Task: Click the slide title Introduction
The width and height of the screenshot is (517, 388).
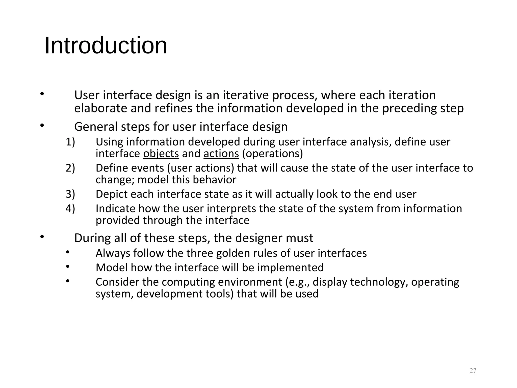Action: pyautogui.click(x=106, y=46)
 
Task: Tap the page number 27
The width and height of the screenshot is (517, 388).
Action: pyautogui.click(x=473, y=371)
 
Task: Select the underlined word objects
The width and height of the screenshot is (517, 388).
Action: pyautogui.click(x=161, y=154)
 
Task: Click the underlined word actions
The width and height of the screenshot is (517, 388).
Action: pyautogui.click(x=221, y=154)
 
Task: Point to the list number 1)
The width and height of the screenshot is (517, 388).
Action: pyautogui.click(x=70, y=142)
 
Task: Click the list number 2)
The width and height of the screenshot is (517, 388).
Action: pyautogui.click(x=70, y=168)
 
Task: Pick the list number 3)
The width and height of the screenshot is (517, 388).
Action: pyautogui.click(x=70, y=194)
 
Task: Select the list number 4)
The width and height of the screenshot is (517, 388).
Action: pyautogui.click(x=70, y=209)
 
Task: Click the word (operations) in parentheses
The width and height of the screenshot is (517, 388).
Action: pyautogui.click(x=272, y=154)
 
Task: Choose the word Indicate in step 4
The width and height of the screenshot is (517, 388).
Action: pyautogui.click(x=116, y=209)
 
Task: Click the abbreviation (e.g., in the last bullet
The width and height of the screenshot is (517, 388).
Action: pyautogui.click(x=297, y=282)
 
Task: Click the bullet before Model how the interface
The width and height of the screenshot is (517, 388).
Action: pyautogui.click(x=67, y=266)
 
